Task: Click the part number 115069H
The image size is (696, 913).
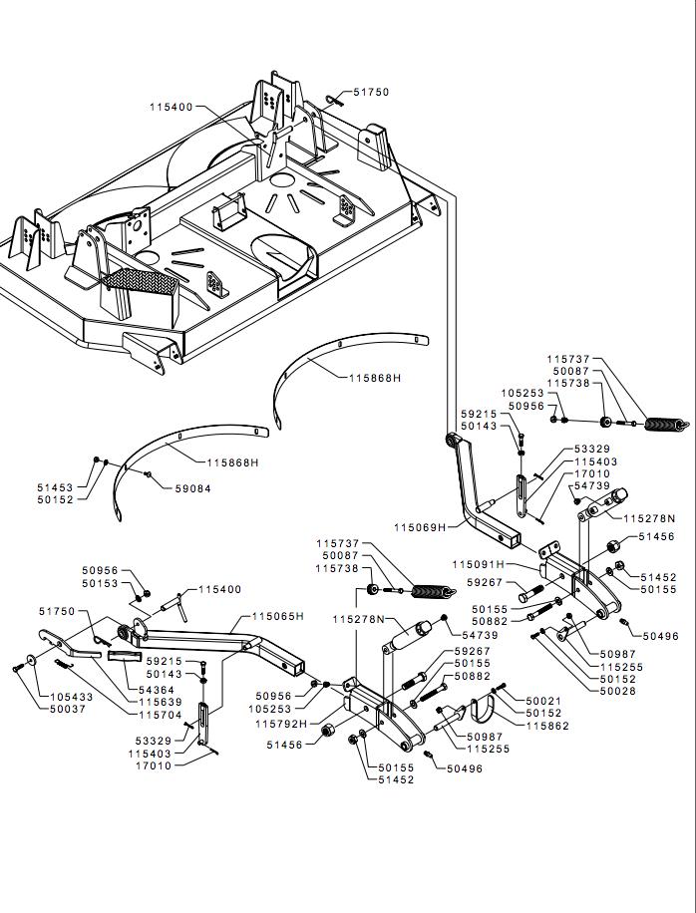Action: tap(420, 527)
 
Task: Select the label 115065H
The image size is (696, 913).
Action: tap(278, 616)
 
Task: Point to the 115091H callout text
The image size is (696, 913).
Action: tap(479, 564)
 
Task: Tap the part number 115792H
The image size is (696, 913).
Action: tap(281, 724)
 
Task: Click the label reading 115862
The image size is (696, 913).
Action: tap(547, 726)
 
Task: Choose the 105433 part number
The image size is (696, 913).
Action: tap(72, 697)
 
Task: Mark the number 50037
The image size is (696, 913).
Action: tap(68, 710)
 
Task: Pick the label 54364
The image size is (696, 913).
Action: tap(157, 690)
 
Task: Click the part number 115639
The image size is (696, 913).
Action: tap(161, 703)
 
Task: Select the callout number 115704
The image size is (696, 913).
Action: tap(161, 715)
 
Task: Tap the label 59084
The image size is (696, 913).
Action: tap(192, 489)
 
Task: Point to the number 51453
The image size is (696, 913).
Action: tap(55, 487)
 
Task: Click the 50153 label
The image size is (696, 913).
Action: tap(100, 583)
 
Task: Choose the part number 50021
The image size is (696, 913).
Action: tap(544, 701)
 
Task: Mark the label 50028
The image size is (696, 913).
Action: tap(618, 691)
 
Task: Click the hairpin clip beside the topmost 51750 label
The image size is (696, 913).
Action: tap(335, 100)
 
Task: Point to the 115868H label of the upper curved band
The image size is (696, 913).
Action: tap(375, 378)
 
